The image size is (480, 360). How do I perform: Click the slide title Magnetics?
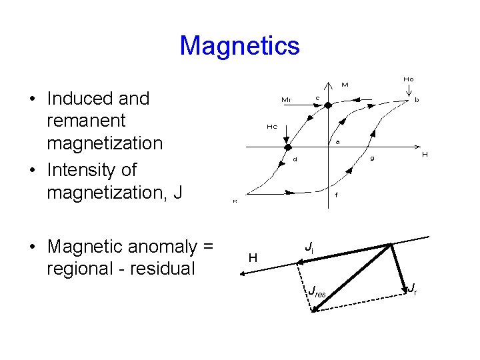(x=239, y=46)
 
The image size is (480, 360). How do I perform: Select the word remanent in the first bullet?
(x=86, y=121)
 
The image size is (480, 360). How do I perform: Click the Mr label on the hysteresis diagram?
(x=286, y=100)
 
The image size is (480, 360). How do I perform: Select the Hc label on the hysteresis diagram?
(x=272, y=126)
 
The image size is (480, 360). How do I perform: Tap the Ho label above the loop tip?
(x=408, y=79)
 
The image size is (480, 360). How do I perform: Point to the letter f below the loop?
(x=336, y=195)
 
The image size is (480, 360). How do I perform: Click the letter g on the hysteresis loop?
(x=373, y=158)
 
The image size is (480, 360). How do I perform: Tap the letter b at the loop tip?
(x=417, y=100)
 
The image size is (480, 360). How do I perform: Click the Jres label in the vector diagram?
(x=316, y=291)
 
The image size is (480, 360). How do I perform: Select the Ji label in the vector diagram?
(x=309, y=247)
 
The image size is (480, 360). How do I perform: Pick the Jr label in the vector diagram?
(x=412, y=289)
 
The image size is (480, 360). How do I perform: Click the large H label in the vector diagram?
(x=253, y=257)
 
